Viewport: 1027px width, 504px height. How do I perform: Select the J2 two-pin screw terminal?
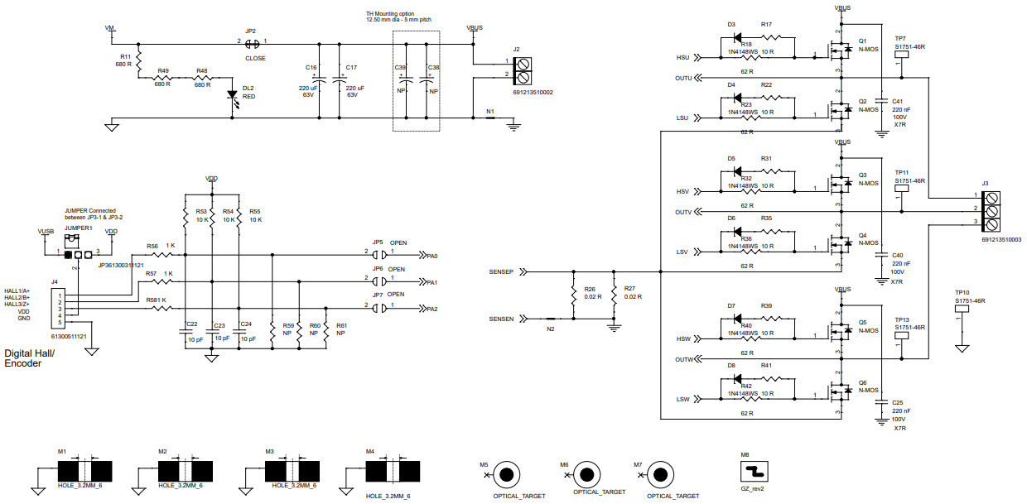point(523,70)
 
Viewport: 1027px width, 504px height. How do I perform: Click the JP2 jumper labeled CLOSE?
point(253,42)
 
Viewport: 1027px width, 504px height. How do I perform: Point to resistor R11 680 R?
point(139,61)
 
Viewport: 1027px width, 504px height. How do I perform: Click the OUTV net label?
point(683,212)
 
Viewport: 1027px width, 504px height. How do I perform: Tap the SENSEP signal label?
point(501,271)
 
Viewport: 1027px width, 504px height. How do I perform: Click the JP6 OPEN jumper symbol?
point(378,281)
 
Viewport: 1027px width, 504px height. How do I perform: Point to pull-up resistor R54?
point(212,216)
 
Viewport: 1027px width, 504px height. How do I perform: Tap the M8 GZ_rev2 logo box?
point(755,471)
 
